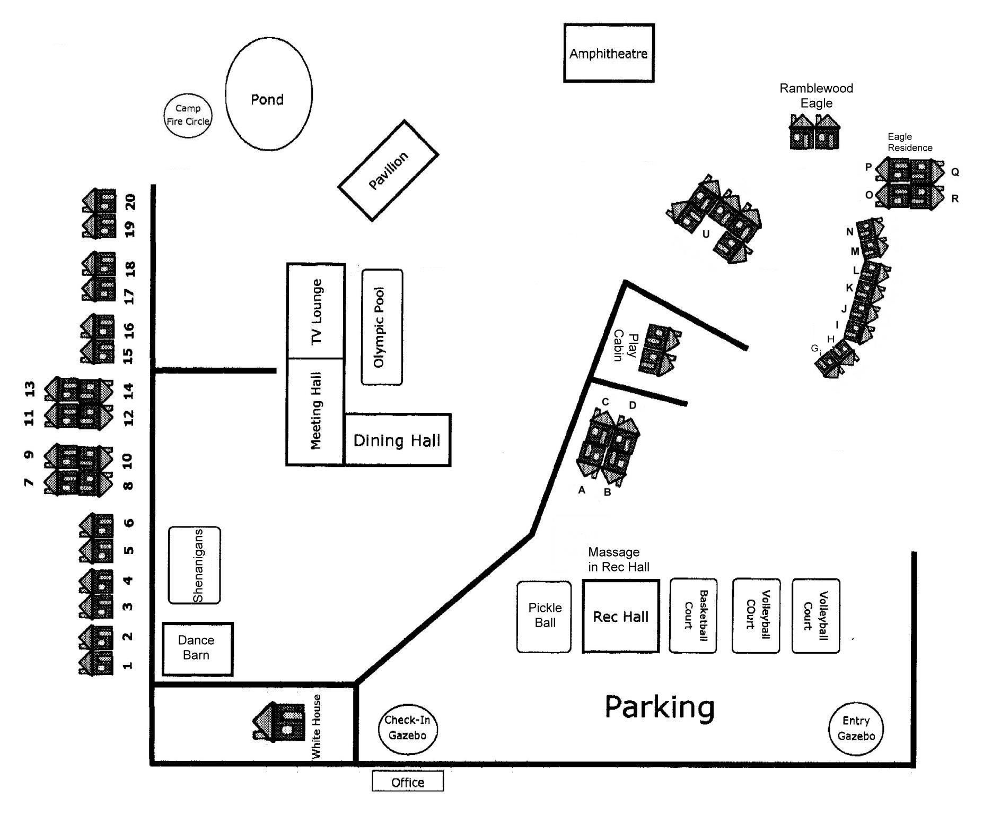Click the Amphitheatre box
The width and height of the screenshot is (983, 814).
(609, 53)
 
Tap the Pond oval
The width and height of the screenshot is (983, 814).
(269, 94)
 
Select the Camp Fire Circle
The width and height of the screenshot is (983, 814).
(188, 115)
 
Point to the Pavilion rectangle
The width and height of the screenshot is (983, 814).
(388, 170)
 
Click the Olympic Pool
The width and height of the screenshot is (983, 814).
(382, 327)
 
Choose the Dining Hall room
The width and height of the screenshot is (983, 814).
(398, 440)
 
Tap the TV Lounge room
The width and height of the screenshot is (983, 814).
(316, 310)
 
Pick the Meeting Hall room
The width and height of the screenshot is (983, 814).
(315, 412)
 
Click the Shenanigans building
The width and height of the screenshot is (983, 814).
(195, 565)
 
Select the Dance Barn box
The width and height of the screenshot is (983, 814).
(197, 649)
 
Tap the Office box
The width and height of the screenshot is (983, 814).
(408, 782)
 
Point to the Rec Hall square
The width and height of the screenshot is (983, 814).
(621, 616)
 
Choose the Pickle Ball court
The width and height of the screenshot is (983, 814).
(545, 617)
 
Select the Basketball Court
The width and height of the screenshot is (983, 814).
(694, 616)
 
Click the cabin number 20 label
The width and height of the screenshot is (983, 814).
(130, 202)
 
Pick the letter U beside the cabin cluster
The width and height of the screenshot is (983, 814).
(706, 234)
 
